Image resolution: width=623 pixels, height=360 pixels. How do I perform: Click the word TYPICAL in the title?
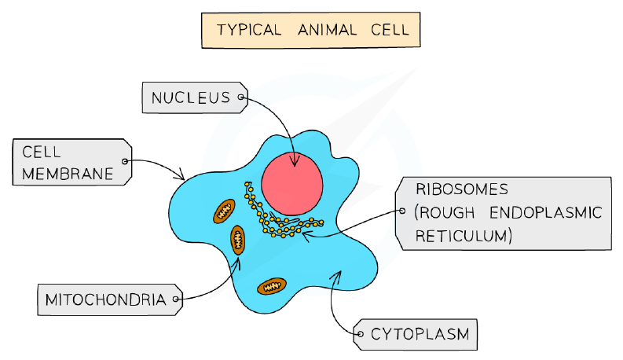click(x=249, y=30)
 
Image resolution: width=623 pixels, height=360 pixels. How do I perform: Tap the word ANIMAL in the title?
click(x=327, y=30)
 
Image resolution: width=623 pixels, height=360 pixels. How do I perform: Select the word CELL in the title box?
click(x=390, y=30)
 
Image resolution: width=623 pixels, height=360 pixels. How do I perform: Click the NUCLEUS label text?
click(x=191, y=97)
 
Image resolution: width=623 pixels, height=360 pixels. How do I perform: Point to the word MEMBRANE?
click(x=68, y=174)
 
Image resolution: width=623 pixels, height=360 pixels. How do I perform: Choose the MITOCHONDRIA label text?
click(x=105, y=299)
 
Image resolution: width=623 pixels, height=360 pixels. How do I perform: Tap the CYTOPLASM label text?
click(x=420, y=334)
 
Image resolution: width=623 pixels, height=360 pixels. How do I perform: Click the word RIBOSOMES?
click(x=462, y=189)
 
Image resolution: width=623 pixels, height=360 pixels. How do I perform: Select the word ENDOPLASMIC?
click(x=546, y=213)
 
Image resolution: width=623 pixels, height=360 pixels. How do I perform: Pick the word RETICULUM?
click(x=461, y=236)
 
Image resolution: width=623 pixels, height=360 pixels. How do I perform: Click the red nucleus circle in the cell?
click(x=292, y=184)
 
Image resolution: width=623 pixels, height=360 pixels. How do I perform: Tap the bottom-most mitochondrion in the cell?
click(x=272, y=286)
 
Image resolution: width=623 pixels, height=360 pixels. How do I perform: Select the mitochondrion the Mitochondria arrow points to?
click(x=237, y=240)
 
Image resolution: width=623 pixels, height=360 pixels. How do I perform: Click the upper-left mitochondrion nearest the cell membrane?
click(x=224, y=211)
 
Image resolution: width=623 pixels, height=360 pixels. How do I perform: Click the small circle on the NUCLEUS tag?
click(x=240, y=97)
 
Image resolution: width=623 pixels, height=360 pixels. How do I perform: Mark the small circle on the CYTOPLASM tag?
click(x=361, y=334)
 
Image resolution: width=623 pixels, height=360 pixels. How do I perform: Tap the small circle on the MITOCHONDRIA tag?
click(x=176, y=299)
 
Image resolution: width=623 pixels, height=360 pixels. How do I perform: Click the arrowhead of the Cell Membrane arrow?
click(x=181, y=174)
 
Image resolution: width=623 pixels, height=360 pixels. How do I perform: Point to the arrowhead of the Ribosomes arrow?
click(x=306, y=235)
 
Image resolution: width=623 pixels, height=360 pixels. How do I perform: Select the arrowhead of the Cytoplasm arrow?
click(x=337, y=275)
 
